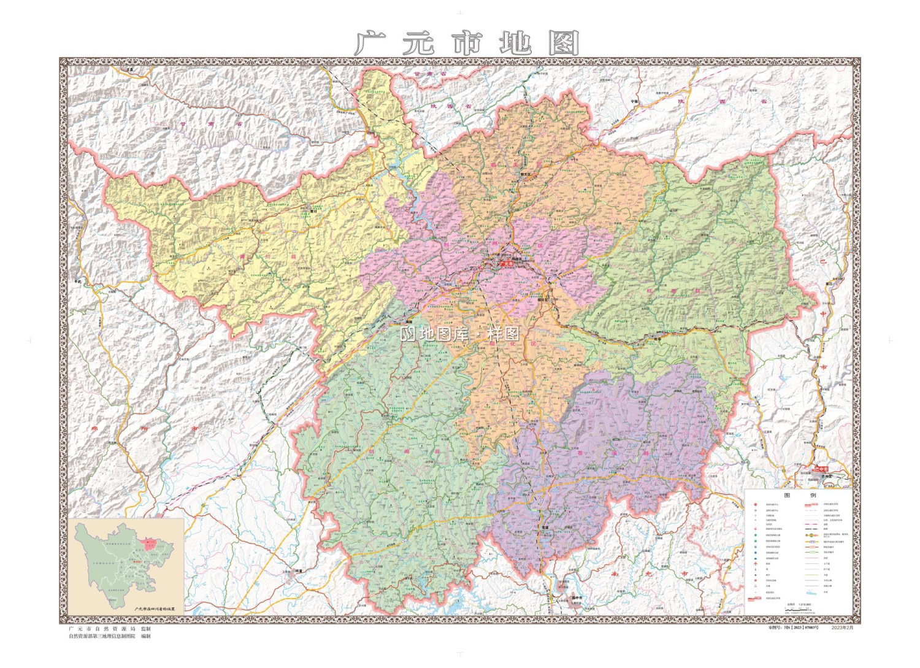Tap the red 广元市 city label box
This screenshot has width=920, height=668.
pos(507,264)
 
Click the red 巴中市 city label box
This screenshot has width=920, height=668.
pos(822,469)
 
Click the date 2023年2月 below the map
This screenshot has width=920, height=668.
pos(843,628)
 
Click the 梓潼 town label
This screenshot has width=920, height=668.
pos(299,571)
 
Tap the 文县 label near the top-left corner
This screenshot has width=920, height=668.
pos(130,69)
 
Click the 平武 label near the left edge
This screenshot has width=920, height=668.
pos(77,282)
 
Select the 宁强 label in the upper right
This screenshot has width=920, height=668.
pos(634,102)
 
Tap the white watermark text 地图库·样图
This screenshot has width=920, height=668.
pos(460,334)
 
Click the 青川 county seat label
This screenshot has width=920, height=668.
pos(313,211)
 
